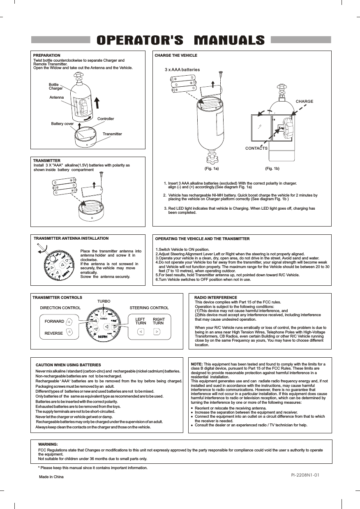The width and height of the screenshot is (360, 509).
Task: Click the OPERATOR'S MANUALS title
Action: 180,40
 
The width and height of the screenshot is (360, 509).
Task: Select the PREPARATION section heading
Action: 46,55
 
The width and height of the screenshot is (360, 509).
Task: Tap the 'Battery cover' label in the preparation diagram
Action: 62,123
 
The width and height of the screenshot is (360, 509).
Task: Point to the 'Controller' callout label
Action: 106,119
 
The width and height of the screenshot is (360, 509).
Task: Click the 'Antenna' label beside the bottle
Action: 56,97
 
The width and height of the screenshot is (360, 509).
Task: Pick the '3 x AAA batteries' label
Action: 182,69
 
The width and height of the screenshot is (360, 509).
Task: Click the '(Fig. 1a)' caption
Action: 211,169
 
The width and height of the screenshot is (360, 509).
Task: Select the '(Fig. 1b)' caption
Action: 272,169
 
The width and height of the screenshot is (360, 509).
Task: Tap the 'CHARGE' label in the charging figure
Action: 305,101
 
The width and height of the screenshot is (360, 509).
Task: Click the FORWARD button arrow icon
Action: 69,322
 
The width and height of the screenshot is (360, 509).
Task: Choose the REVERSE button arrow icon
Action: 69,331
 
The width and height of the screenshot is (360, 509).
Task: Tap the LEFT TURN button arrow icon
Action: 141,331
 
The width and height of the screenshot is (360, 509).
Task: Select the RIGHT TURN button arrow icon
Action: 157,331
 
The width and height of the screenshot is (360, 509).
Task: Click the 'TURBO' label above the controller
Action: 104,301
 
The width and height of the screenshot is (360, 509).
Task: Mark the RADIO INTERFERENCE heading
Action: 215,297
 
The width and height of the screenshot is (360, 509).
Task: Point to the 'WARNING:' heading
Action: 48,444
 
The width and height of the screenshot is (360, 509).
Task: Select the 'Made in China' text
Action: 51,477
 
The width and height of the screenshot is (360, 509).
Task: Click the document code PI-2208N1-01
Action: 305,475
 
